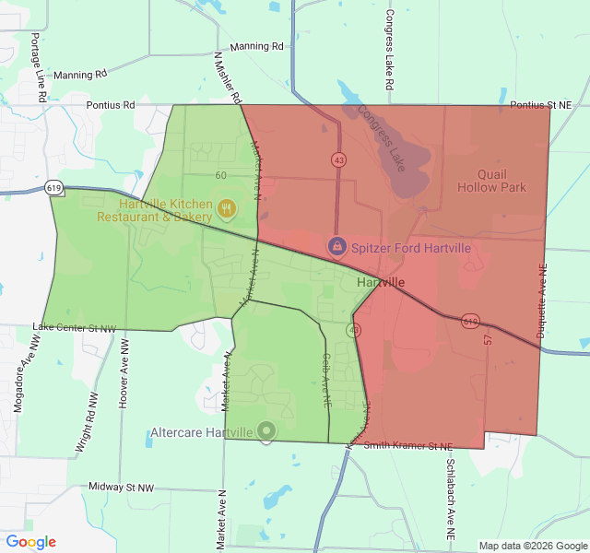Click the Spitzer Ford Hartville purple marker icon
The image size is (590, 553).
[337, 247]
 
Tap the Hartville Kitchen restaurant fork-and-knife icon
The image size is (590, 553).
[227, 209]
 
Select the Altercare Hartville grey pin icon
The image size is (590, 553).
[266, 430]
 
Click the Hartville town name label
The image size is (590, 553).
[380, 282]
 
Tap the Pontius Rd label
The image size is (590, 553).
[111, 105]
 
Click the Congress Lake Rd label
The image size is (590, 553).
[390, 50]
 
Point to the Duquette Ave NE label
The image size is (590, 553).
[542, 304]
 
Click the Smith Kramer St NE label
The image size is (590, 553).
[408, 446]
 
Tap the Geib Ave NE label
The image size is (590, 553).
[326, 380]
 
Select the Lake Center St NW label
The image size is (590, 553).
[75, 328]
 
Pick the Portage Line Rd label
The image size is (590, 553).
[39, 67]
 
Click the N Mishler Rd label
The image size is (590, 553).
[228, 76]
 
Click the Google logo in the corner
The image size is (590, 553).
[31, 542]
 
